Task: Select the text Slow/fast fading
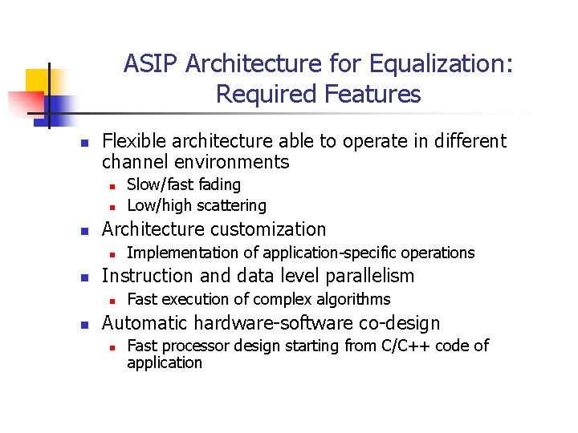coord(184,184)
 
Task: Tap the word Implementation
coord(177,253)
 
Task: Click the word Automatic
coord(141,323)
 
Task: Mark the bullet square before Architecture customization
coord(83,231)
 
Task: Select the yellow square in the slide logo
coord(38,80)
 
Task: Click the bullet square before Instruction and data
coord(83,277)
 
